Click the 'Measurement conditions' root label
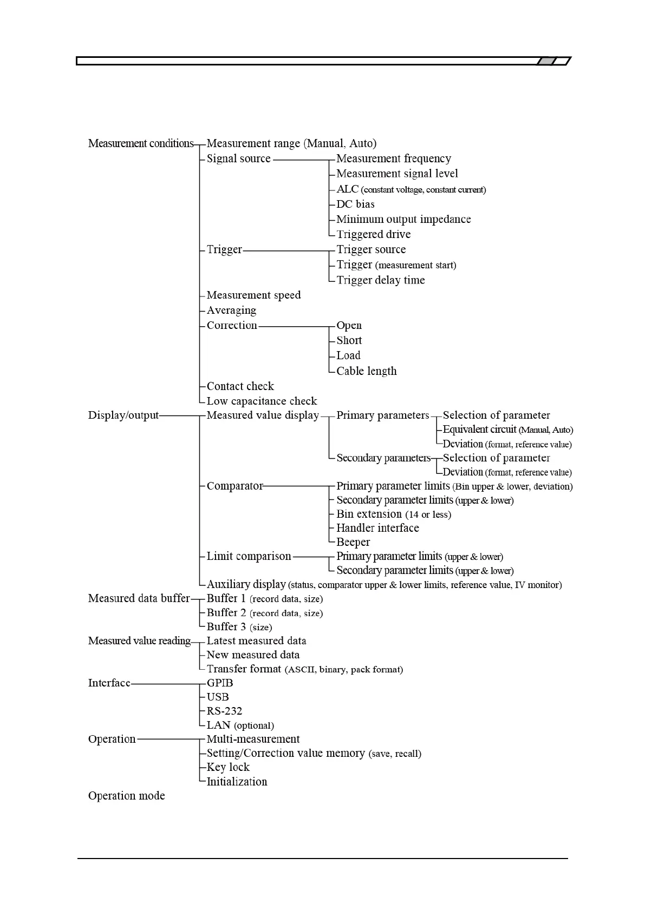click(141, 143)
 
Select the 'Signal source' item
click(238, 159)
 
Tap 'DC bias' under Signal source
click(355, 204)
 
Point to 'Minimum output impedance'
click(403, 219)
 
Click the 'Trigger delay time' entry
click(380, 280)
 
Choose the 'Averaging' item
click(231, 311)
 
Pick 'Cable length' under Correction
click(366, 371)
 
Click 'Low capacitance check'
click(262, 401)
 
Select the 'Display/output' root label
click(123, 415)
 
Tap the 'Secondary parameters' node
click(383, 458)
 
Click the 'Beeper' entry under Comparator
click(353, 542)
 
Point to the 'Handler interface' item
click(377, 528)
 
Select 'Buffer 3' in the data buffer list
click(226, 626)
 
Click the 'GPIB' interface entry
click(220, 683)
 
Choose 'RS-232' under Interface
click(224, 711)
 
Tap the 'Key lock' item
click(228, 768)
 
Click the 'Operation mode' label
click(126, 796)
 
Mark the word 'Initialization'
click(237, 782)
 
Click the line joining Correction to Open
click(294, 327)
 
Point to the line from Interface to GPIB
click(165, 684)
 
